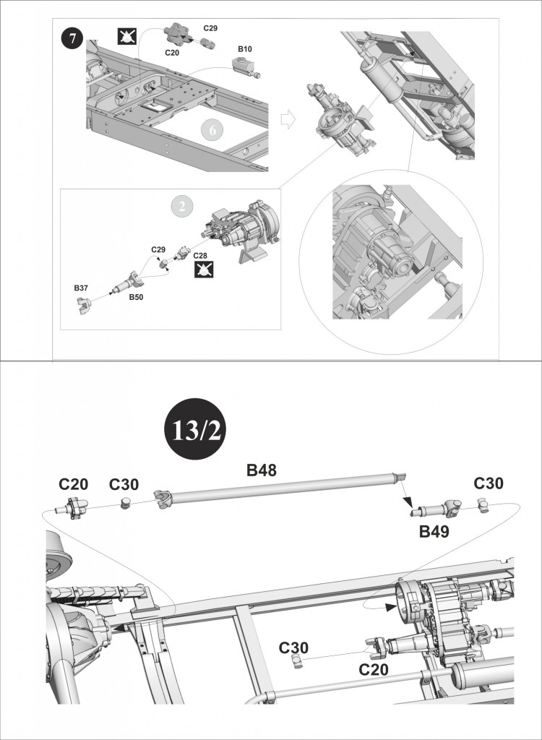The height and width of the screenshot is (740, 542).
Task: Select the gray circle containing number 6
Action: coord(212,130)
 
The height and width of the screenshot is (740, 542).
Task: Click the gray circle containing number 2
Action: coord(183,206)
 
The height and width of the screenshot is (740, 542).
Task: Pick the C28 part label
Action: coord(201,256)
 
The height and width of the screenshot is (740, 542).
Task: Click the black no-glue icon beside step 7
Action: coord(127,35)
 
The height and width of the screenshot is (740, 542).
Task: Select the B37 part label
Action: coord(81,288)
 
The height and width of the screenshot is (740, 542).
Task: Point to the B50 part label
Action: coord(136,296)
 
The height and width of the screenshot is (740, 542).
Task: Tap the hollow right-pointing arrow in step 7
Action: coord(288,120)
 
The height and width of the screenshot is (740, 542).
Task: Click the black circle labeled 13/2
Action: coord(194,430)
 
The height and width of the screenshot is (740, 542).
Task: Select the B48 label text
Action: coord(261,471)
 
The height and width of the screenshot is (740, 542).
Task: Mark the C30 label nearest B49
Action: coord(489,483)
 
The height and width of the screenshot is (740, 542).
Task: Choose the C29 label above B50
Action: coord(158,249)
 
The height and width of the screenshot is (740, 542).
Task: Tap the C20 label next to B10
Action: coord(173,52)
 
